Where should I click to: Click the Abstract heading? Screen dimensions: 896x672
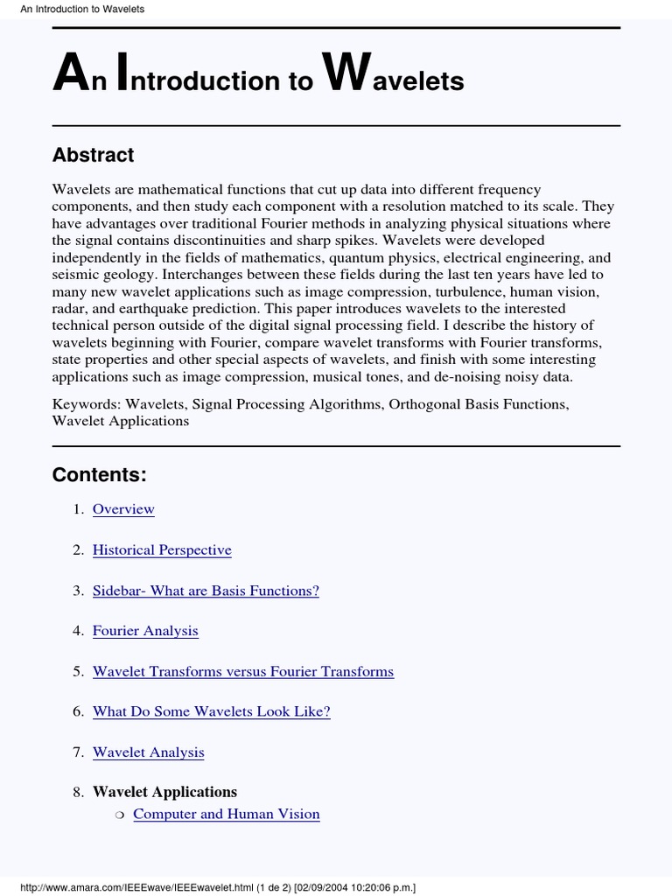pyautogui.click(x=93, y=155)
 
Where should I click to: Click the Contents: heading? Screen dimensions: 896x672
pyautogui.click(x=99, y=475)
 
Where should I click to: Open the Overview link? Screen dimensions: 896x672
pyautogui.click(x=123, y=509)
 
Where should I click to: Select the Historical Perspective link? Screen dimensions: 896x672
pyautogui.click(x=162, y=550)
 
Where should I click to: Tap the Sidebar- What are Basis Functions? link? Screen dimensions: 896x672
pyautogui.click(x=206, y=591)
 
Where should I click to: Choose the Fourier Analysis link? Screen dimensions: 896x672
pyautogui.click(x=145, y=631)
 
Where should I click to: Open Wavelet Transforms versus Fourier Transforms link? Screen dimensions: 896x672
pyautogui.click(x=243, y=671)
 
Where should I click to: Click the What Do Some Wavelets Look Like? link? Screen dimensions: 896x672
pyautogui.click(x=212, y=711)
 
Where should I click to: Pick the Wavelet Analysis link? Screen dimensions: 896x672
pyautogui.click(x=149, y=752)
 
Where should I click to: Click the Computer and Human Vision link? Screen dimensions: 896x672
pyautogui.click(x=226, y=814)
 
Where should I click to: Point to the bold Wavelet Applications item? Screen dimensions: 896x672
pyautogui.click(x=164, y=792)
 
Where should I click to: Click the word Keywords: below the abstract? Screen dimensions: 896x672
pyautogui.click(x=87, y=404)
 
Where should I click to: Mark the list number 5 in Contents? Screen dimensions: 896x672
pyautogui.click(x=78, y=671)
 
